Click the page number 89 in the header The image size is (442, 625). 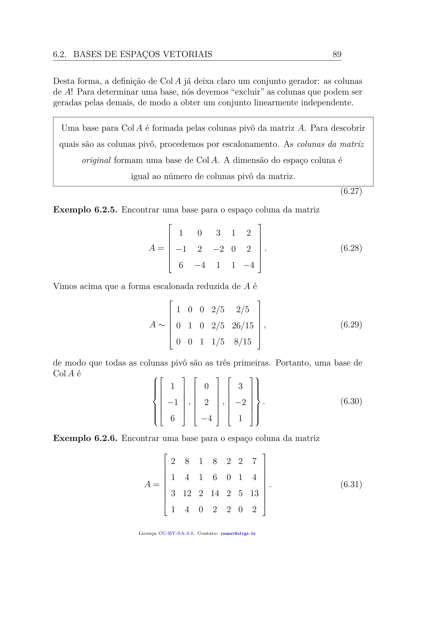point(337,54)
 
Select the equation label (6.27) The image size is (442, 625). point(351,191)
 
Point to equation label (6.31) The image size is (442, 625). point(351,484)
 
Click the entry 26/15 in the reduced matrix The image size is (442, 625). point(243,326)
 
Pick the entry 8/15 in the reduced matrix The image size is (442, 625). point(243,342)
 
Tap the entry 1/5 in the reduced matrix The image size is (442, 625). point(218,342)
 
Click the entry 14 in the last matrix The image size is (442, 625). point(215,493)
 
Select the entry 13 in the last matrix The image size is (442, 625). point(254,493)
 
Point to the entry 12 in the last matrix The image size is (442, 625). point(187,493)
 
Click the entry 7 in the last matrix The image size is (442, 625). point(254,461)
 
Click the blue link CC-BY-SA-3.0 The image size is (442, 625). point(176,533)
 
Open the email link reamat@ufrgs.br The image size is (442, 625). point(238,533)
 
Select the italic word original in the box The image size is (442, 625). point(96,160)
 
